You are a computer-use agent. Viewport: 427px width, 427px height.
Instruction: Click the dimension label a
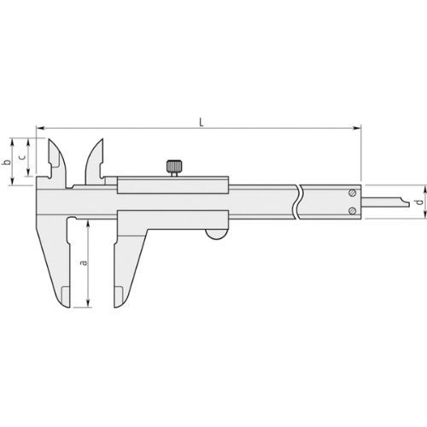tap(83, 262)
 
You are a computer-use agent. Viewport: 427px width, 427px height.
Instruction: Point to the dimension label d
tap(417, 202)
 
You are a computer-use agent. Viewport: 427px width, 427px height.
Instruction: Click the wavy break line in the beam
tap(298, 205)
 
